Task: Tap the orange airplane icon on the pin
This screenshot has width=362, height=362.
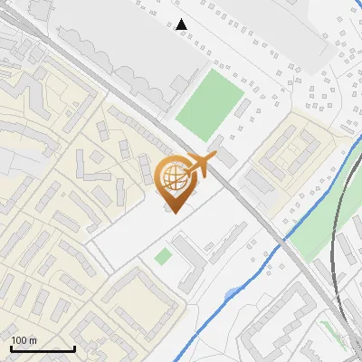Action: pos(201,165)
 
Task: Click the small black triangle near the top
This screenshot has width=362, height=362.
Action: pos(182,24)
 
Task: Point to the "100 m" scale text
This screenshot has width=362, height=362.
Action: pos(23,340)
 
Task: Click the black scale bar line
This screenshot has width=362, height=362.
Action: pos(43,348)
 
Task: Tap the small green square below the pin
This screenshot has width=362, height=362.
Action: pos(162,257)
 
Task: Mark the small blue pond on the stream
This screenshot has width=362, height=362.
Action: pos(233,292)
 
